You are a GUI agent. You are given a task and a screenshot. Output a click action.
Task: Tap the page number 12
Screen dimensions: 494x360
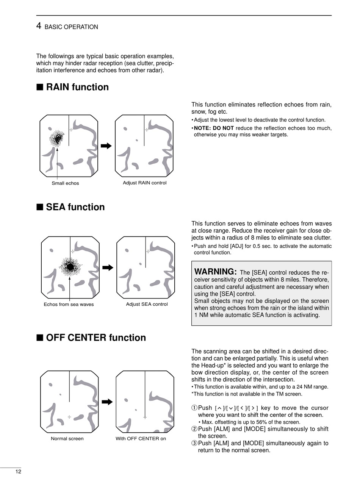18,472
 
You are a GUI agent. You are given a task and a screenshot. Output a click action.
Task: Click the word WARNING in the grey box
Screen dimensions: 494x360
215,272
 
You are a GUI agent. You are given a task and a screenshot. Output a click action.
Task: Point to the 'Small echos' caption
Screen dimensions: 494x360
65,183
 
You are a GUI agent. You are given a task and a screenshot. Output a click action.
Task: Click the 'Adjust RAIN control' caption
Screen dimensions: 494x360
144,183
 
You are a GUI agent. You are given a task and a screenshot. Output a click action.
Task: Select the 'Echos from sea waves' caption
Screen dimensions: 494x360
69,305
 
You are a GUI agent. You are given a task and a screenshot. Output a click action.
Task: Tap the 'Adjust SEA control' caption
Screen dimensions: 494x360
147,304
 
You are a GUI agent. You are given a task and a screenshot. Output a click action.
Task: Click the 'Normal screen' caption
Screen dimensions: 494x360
67,439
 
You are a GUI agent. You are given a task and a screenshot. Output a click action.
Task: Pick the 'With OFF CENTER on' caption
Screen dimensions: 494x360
141,439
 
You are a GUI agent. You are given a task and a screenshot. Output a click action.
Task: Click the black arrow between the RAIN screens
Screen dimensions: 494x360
106,146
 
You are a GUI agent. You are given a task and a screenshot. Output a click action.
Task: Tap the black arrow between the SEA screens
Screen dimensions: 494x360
108,267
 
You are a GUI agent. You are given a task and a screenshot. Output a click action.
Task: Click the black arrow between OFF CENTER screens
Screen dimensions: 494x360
107,402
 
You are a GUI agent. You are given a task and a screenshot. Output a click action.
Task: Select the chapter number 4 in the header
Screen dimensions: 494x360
39,26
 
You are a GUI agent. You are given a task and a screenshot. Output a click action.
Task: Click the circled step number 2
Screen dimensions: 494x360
194,429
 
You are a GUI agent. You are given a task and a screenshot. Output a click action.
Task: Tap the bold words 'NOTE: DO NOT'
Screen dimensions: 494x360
214,128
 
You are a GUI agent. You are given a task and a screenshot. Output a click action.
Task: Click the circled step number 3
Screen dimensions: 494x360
194,443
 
